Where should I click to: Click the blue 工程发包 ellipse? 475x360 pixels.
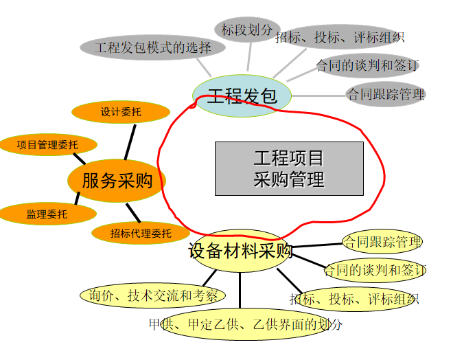(242, 95)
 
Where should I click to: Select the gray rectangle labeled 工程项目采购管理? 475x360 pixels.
(289, 168)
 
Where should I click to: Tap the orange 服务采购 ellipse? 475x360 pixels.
(117, 181)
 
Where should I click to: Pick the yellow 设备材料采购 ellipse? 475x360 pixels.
(240, 251)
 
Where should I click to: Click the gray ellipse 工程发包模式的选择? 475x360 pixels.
(152, 47)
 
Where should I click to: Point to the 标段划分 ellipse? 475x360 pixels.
(247, 30)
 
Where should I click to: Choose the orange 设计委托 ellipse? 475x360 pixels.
(121, 112)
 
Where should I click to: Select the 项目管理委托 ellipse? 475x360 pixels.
(48, 145)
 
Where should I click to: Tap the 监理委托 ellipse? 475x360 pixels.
(47, 214)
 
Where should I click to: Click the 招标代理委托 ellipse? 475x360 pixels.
(141, 233)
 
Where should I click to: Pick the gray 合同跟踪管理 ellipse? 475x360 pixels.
(386, 94)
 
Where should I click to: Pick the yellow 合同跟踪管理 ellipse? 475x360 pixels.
(382, 242)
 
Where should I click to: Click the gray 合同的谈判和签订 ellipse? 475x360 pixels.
(367, 65)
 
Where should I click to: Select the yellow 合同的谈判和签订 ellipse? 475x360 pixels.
(375, 270)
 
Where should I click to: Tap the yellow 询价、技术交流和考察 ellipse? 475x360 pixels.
(153, 295)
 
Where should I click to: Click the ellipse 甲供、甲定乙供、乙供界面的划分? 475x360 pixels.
(245, 324)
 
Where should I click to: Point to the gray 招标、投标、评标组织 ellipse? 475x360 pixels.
(340, 37)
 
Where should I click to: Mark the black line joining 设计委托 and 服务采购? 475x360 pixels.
(130, 142)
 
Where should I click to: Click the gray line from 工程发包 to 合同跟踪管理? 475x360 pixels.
(318, 95)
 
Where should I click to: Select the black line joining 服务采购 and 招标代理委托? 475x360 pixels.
(133, 213)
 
